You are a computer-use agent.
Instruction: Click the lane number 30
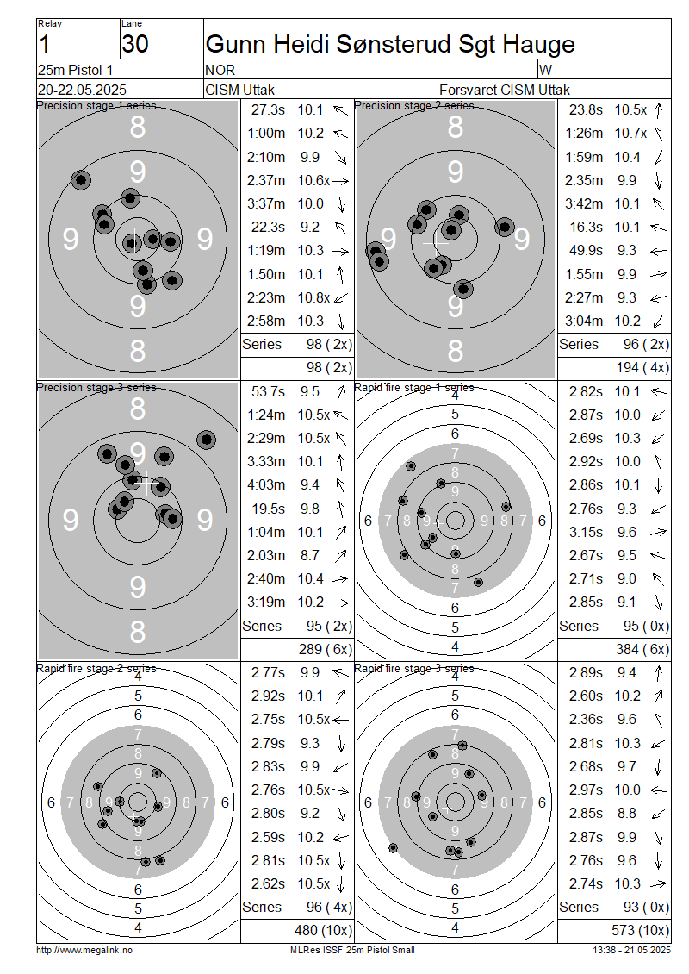point(135,44)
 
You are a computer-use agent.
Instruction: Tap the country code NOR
point(220,70)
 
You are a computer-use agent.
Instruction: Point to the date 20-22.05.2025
point(82,90)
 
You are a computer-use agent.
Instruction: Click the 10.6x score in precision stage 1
point(313,180)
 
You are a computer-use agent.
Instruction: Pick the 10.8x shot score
point(313,297)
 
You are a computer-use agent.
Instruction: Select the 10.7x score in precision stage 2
point(630,133)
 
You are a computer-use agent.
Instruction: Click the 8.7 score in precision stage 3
point(310,555)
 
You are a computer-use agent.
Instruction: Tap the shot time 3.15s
point(586,533)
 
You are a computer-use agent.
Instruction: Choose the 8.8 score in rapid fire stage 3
point(627,813)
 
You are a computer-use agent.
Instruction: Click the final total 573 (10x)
point(640,931)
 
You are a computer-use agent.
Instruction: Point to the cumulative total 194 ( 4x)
point(642,368)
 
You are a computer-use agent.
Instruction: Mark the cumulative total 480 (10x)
point(323,931)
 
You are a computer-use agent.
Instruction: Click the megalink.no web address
point(84,951)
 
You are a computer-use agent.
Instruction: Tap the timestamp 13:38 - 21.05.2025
point(631,951)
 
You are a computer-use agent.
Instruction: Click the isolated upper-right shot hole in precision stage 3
point(206,440)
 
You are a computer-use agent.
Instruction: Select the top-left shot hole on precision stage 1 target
point(81,180)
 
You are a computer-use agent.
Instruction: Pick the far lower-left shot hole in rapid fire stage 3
point(393,847)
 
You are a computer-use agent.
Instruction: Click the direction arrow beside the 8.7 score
point(340,556)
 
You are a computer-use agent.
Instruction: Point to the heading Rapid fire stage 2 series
point(96,668)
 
